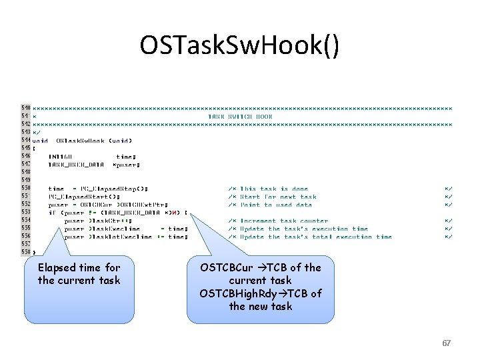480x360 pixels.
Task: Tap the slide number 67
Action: click(x=447, y=343)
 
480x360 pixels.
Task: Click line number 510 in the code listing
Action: click(x=26, y=107)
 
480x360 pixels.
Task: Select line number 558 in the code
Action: click(x=26, y=252)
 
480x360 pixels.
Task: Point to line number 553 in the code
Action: click(x=26, y=213)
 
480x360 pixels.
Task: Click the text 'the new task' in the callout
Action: click(x=261, y=306)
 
